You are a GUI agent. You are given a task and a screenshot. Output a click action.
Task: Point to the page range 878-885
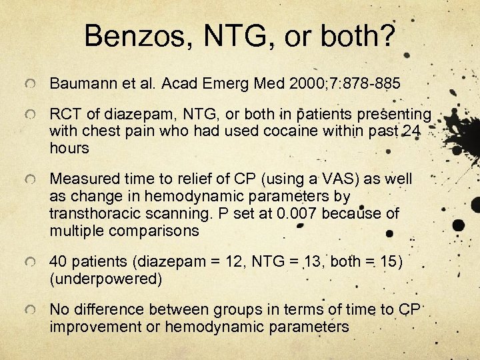click(371, 84)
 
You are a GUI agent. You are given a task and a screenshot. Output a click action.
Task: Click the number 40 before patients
click(58, 262)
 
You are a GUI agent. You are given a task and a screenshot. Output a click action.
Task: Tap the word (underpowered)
click(105, 278)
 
